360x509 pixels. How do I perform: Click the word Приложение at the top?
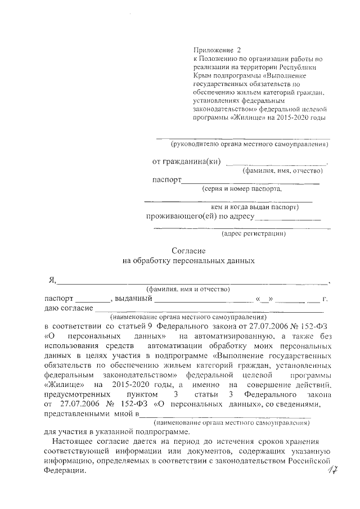pos(210,49)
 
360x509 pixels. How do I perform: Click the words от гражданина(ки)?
pos(186,161)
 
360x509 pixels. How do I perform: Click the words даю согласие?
pos(69,308)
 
